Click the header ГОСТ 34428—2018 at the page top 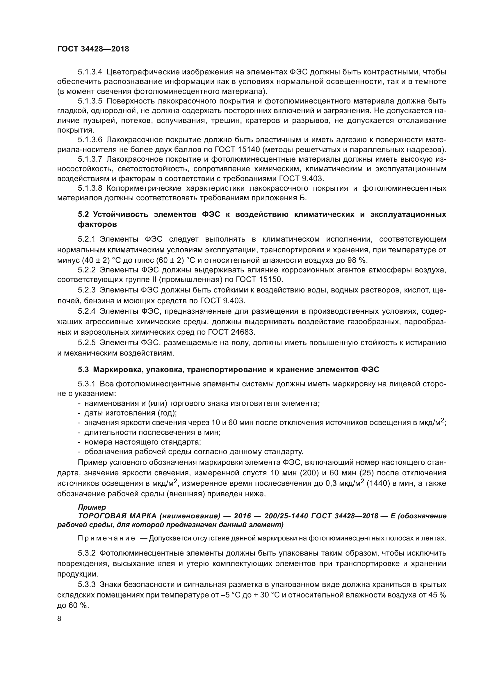93,49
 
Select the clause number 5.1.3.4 90,72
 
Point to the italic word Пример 92,507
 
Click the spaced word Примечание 106,538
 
